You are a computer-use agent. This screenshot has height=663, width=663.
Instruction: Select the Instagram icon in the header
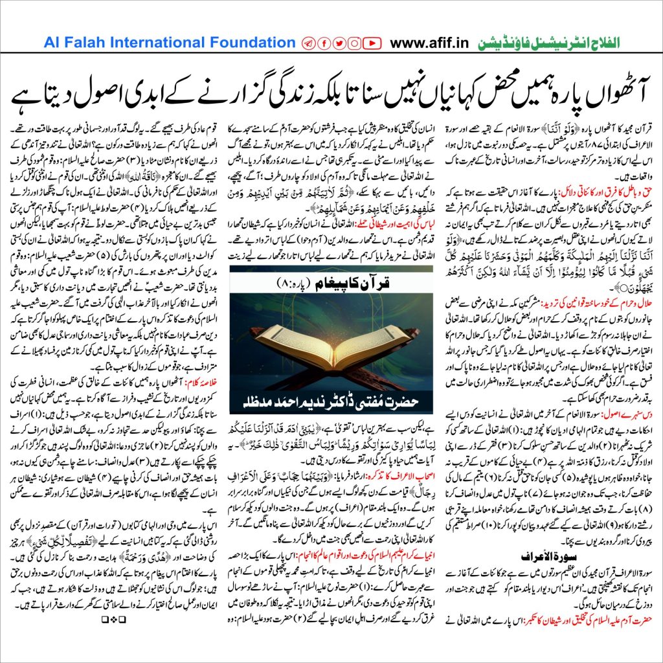click(x=354, y=43)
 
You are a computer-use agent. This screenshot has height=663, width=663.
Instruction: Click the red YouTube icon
click(x=372, y=43)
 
